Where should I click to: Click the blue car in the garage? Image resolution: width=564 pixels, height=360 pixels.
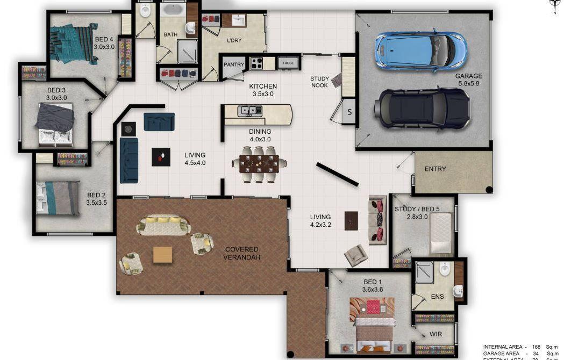tap(420, 51)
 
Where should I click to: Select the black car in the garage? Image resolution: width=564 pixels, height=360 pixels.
tap(422, 108)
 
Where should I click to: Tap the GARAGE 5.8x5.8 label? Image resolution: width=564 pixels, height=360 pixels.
tap(468, 80)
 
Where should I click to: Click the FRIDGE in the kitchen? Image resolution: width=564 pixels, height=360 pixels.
tap(287, 63)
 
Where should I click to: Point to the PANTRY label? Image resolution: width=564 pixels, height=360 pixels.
tap(234, 64)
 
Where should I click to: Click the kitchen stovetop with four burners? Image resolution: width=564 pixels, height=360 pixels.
tap(255, 63)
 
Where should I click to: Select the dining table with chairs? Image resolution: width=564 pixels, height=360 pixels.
tap(259, 163)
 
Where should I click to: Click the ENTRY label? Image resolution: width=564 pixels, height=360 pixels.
tap(435, 169)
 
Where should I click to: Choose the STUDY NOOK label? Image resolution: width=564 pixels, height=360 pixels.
tap(319, 82)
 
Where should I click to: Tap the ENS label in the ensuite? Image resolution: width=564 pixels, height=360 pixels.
tap(437, 296)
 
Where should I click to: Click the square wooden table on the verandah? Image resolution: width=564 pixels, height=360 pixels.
tap(162, 255)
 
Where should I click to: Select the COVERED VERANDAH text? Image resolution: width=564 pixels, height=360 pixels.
tap(242, 254)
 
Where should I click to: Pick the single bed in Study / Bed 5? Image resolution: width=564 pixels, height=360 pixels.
tap(441, 232)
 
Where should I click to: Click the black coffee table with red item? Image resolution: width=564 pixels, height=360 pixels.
tap(161, 157)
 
